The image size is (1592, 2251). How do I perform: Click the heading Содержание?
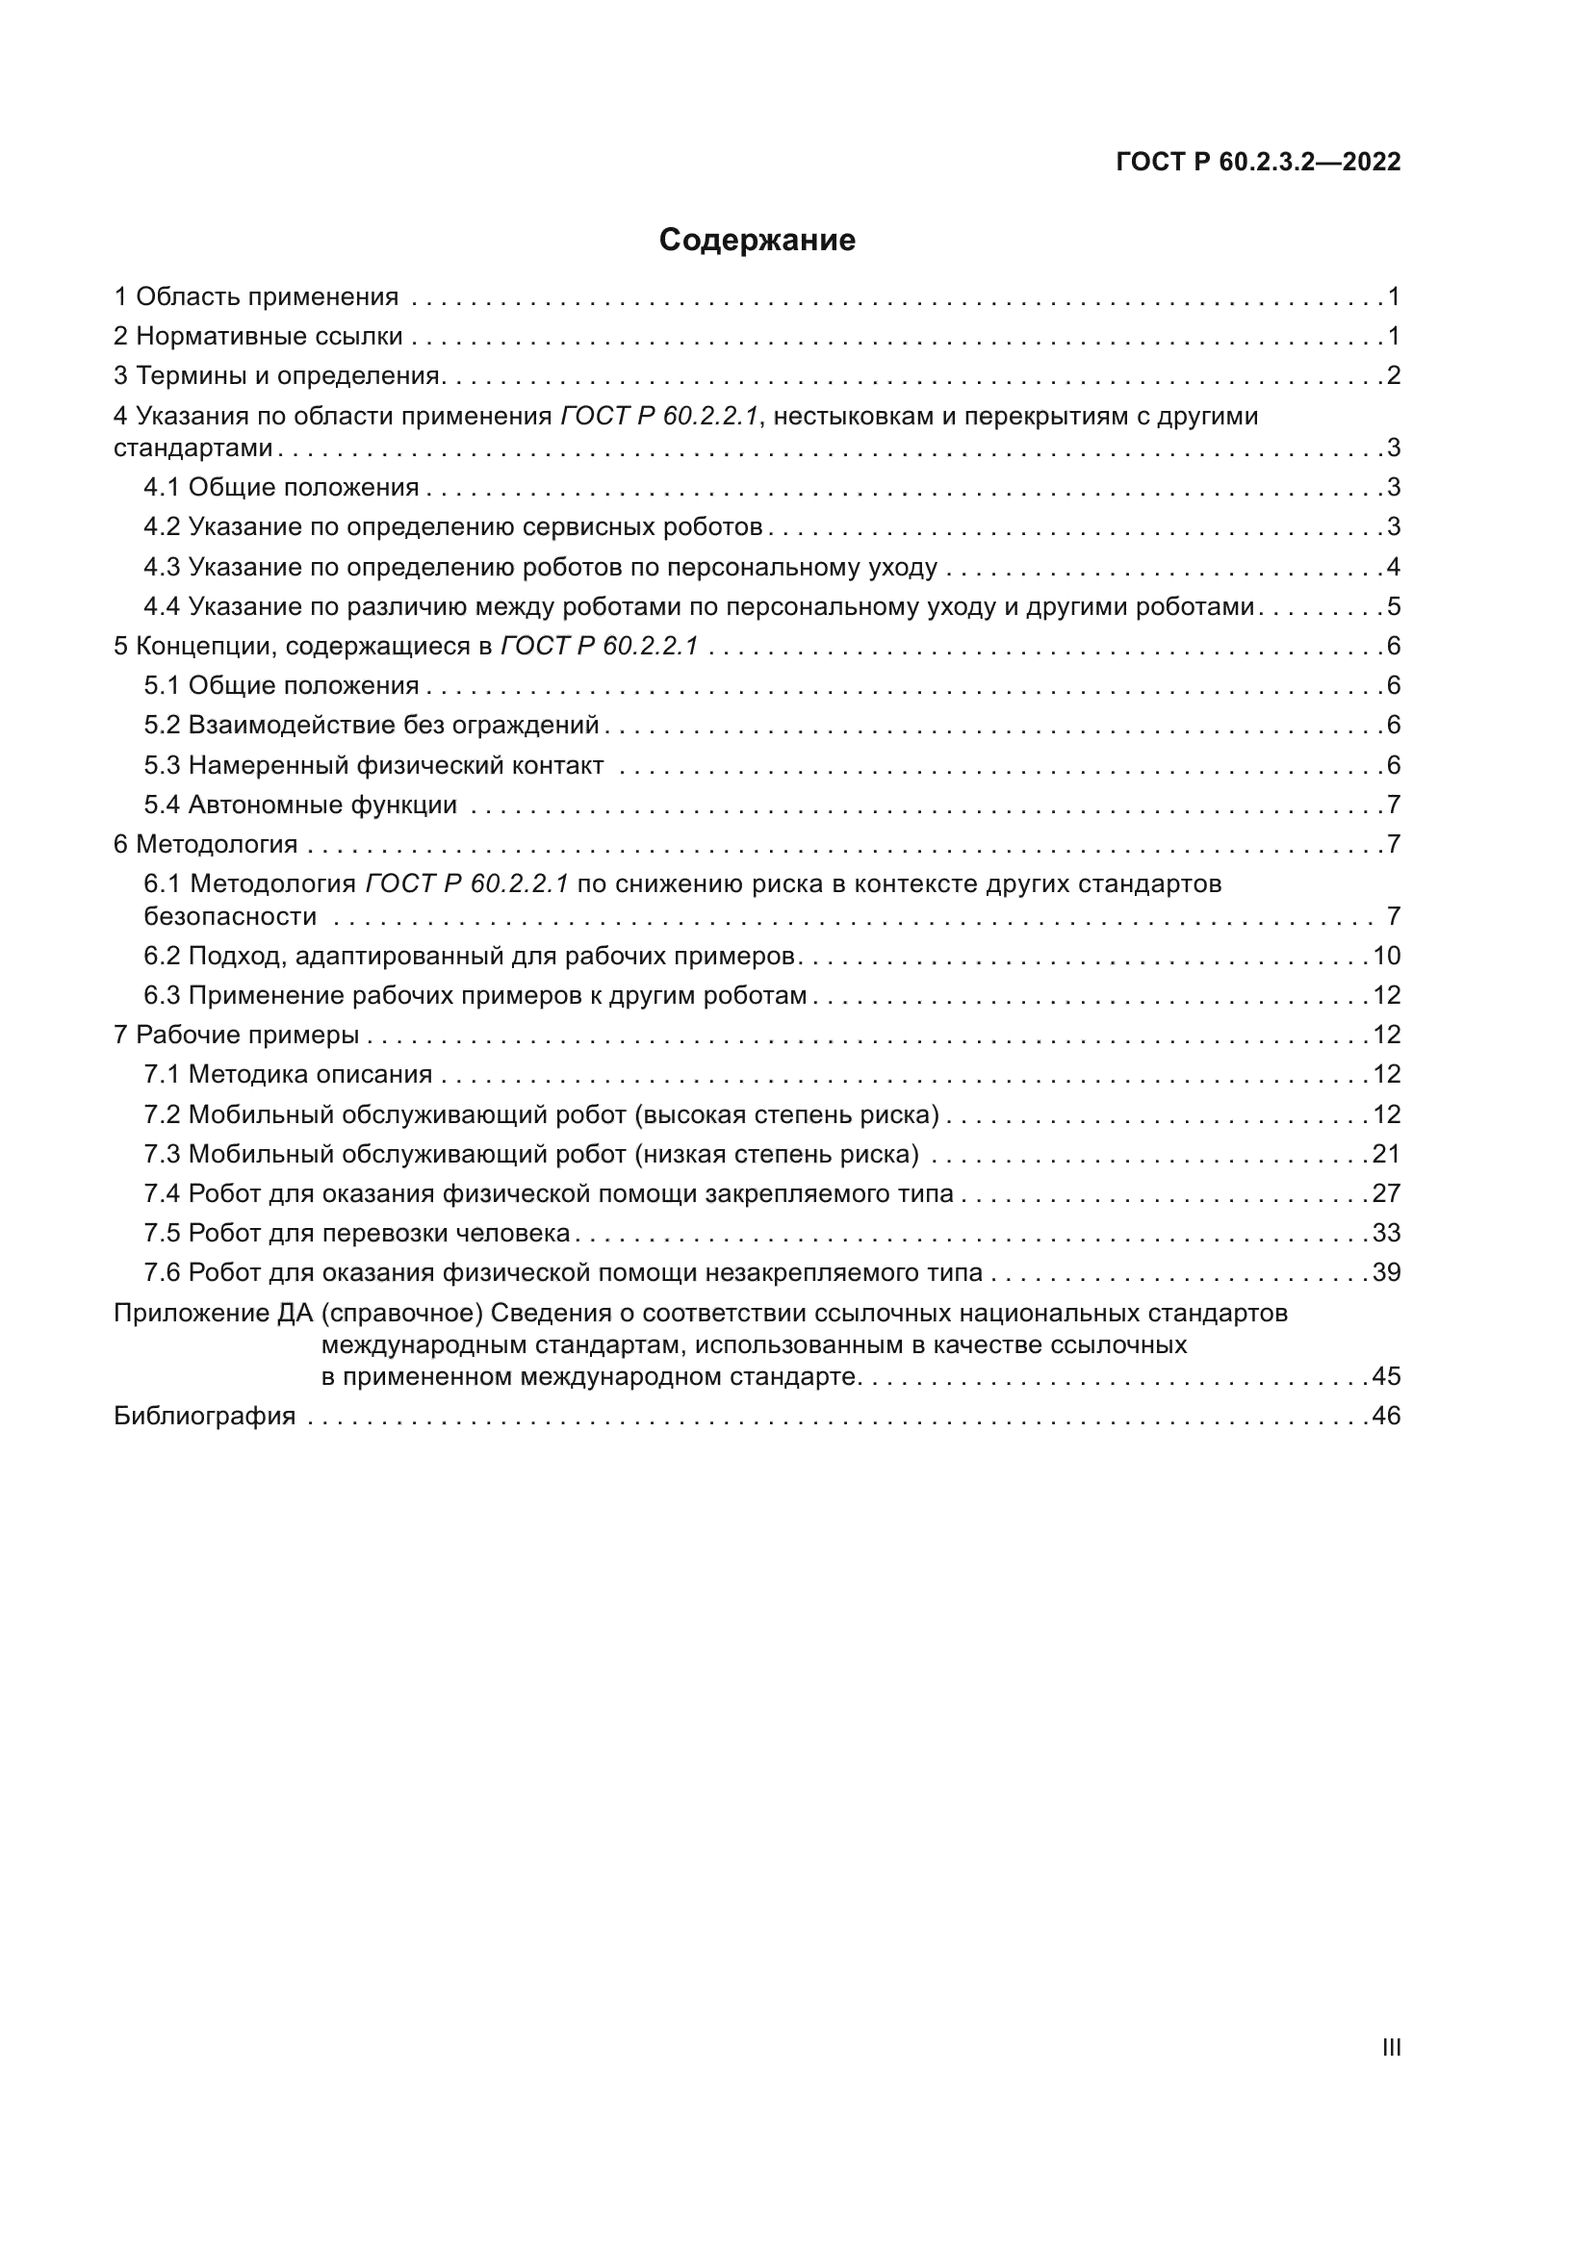[757, 241]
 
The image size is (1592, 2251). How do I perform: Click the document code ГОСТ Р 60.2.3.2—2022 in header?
[1258, 162]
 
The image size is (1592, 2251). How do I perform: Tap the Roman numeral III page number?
[1390, 2048]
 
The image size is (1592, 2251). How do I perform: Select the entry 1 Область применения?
[256, 296]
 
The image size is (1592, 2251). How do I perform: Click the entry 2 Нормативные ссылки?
[258, 336]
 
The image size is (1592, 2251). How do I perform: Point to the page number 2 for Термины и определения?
[1393, 375]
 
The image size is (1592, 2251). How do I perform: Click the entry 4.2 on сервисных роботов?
[453, 526]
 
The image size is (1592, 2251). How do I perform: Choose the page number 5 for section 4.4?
[1393, 606]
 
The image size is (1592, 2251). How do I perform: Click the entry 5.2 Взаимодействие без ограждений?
[372, 725]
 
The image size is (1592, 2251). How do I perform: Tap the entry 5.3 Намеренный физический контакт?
[373, 765]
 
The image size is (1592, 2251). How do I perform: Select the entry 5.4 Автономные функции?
[300, 805]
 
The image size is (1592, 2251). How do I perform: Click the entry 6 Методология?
[206, 844]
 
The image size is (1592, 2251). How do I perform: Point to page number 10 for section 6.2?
[1386, 955]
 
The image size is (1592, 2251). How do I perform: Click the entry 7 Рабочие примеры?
[236, 1035]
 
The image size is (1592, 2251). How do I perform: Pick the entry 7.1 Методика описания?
[288, 1074]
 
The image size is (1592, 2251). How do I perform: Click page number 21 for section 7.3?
[1386, 1153]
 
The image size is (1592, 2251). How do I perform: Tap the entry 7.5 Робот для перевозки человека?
[357, 1233]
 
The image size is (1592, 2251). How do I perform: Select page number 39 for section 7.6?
[1386, 1271]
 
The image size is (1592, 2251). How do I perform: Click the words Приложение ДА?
[213, 1312]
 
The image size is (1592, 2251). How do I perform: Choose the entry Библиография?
[205, 1415]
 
